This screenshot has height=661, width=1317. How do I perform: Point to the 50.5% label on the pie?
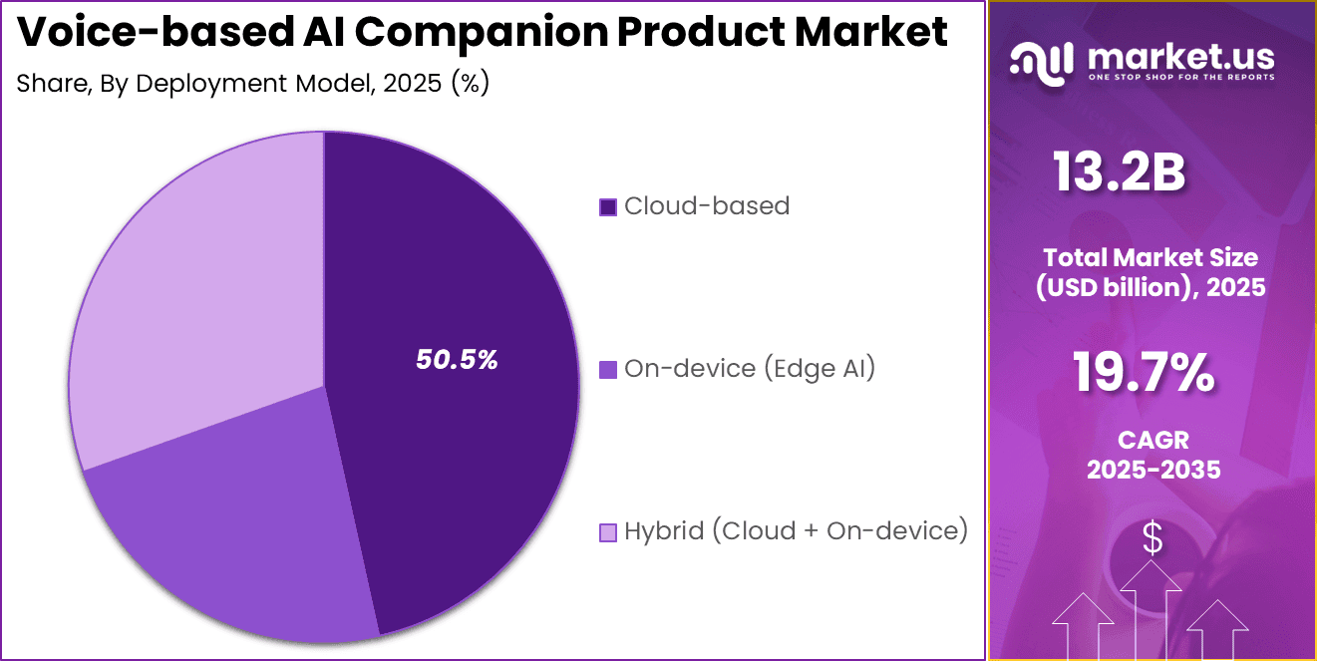457,360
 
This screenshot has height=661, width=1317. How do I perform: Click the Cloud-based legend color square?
607,206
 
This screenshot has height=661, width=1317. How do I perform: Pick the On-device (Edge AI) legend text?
749,369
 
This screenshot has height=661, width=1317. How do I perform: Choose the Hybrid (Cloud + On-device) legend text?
796,531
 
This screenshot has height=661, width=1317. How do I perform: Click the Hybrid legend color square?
607,532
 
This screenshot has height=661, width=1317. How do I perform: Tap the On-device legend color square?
607,370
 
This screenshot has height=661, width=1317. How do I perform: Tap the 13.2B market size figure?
1120,172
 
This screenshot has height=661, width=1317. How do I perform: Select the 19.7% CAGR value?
1144,373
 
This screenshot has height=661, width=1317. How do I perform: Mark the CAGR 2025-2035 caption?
1153,455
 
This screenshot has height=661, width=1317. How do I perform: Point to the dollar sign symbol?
1152,539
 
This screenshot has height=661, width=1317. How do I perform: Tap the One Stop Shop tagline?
1180,77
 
